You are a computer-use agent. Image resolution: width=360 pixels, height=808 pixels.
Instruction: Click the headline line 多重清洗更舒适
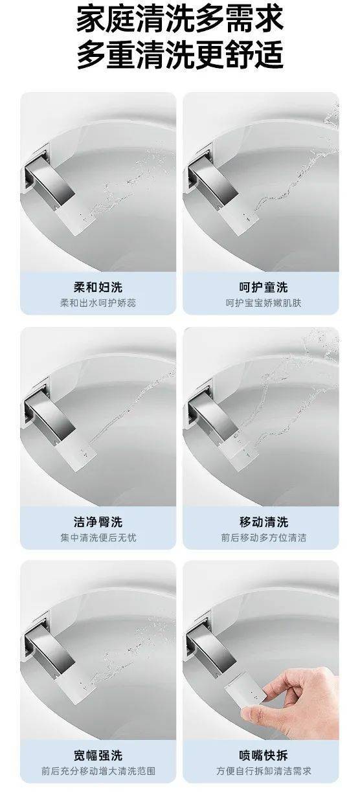point(179,55)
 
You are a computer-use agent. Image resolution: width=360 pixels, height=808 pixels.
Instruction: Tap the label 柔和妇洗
point(98,287)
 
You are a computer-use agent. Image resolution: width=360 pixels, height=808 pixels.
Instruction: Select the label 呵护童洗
point(264,287)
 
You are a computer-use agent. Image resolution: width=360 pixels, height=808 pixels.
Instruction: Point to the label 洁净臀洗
point(98,522)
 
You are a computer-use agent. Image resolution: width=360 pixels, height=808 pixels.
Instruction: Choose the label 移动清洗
point(264,522)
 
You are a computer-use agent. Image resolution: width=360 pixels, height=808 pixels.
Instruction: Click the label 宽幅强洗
point(98,755)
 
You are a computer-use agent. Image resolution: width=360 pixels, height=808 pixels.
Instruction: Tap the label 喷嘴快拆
point(264,755)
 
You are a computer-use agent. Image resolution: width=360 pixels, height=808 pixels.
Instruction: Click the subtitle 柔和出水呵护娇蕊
point(98,303)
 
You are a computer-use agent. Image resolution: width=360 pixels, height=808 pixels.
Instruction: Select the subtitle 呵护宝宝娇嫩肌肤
point(264,303)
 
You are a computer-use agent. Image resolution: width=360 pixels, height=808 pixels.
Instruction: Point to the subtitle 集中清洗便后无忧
point(98,538)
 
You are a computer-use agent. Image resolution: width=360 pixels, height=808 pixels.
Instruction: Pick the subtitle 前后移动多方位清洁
point(264,538)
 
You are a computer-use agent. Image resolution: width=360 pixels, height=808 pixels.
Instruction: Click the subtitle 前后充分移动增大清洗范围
point(98,771)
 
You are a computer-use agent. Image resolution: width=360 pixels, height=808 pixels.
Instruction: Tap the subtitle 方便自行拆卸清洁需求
point(264,771)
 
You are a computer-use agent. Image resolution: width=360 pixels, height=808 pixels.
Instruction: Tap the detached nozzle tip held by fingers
point(245,692)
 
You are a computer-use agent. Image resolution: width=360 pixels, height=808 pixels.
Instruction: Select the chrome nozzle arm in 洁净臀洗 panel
point(51,416)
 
